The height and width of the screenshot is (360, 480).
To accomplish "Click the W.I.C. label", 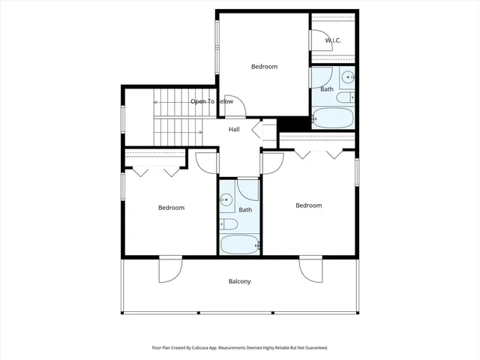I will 333,40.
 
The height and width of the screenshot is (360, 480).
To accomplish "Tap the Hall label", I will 234,130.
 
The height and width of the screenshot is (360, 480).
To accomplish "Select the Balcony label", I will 239,282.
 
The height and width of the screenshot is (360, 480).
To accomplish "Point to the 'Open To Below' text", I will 211,101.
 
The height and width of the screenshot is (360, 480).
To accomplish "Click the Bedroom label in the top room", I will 263,67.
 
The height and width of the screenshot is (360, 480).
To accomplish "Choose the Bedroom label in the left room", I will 171,208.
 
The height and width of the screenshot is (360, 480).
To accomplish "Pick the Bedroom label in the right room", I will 308,205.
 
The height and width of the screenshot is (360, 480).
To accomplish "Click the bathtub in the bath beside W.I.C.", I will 334,118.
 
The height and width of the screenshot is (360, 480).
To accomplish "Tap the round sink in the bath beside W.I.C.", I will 349,76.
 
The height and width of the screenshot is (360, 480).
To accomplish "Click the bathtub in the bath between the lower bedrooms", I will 239,244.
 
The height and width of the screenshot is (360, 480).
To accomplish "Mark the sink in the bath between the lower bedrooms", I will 226,200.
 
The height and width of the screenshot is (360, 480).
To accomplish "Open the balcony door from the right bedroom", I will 310,268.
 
